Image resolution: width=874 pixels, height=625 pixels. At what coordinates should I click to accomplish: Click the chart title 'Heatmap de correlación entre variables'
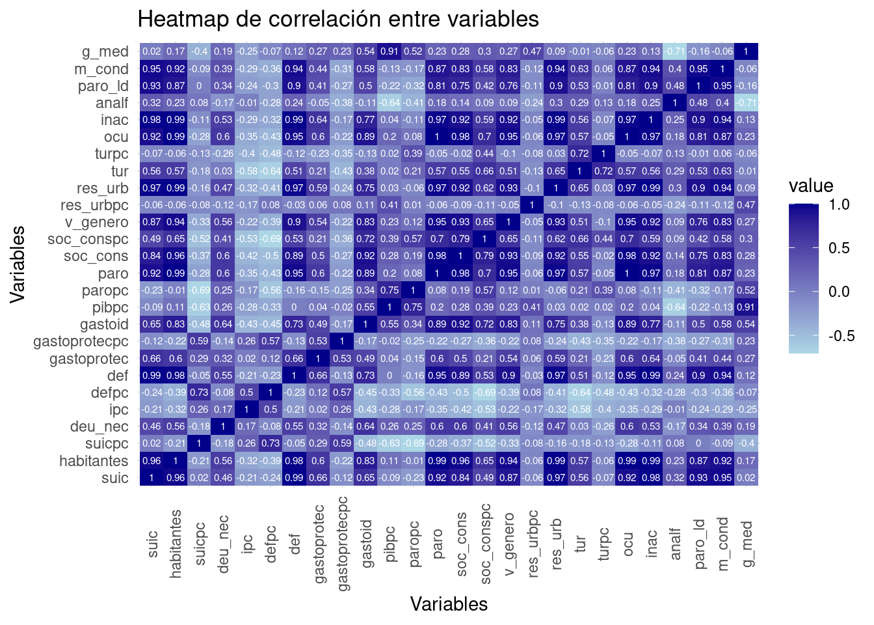(338, 19)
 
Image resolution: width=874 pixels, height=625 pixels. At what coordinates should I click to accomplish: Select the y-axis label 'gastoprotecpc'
(81, 341)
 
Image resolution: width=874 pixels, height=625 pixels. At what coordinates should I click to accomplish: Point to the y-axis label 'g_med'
(105, 51)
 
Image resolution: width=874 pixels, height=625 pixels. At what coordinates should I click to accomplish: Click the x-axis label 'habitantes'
(176, 544)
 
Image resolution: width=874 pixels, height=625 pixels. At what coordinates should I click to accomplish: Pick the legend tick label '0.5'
(839, 248)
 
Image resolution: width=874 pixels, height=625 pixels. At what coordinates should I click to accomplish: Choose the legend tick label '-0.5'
(841, 336)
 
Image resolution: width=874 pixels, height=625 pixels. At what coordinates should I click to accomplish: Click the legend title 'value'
(811, 186)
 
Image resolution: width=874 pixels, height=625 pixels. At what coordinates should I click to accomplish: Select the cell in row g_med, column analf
(675, 51)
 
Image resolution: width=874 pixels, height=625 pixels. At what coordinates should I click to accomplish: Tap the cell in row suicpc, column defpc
(271, 443)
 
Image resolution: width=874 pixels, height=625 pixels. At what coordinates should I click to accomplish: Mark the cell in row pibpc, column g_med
(746, 307)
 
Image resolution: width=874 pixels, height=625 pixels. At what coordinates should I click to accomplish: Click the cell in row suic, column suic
(152, 477)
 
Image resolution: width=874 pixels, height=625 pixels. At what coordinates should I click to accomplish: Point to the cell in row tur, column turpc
(603, 171)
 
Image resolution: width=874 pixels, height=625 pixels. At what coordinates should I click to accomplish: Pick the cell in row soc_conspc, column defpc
(271, 239)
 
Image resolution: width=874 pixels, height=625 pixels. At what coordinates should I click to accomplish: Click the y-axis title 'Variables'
(18, 264)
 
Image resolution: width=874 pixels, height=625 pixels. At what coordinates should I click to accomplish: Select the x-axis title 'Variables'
(449, 604)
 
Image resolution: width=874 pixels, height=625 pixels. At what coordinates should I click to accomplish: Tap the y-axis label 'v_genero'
(96, 222)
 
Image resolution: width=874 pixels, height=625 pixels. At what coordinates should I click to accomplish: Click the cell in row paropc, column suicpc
(199, 290)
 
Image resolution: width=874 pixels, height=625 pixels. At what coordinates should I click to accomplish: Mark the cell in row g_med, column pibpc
(390, 51)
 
